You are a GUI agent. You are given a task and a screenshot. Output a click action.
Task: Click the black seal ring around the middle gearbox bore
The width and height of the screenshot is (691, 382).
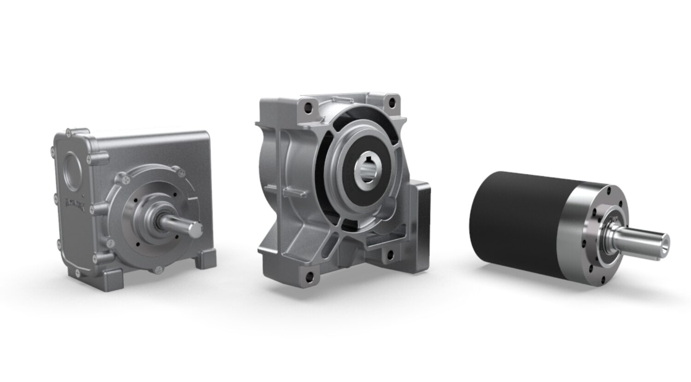point(342,175)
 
